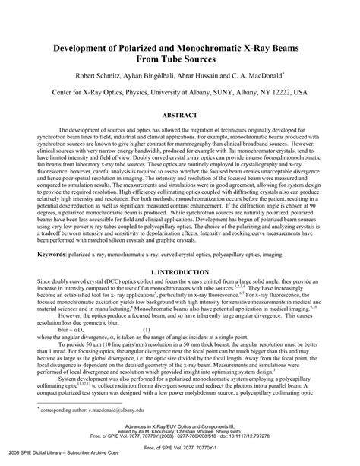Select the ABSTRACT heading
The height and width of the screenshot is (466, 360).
[180, 116]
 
